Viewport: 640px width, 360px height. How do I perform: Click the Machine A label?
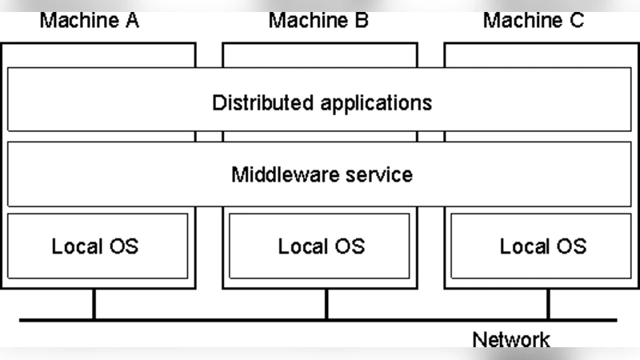pos(89,20)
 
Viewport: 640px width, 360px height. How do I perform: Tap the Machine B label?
pos(318,20)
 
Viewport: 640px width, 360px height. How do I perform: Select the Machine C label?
pos(534,20)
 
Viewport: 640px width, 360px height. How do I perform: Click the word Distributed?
pos(263,103)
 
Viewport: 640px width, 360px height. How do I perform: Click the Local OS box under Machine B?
pos(320,246)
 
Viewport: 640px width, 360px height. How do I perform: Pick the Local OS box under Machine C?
pos(542,246)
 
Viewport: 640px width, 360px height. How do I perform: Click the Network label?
pos(511,339)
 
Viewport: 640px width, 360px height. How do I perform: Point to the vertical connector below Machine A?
pos(94,305)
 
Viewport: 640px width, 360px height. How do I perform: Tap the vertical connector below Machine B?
pos(326,305)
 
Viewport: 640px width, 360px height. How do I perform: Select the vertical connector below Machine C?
pos(549,305)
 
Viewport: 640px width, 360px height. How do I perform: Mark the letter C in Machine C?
pos(576,20)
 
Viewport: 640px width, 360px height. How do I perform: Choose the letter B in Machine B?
pos(361,20)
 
